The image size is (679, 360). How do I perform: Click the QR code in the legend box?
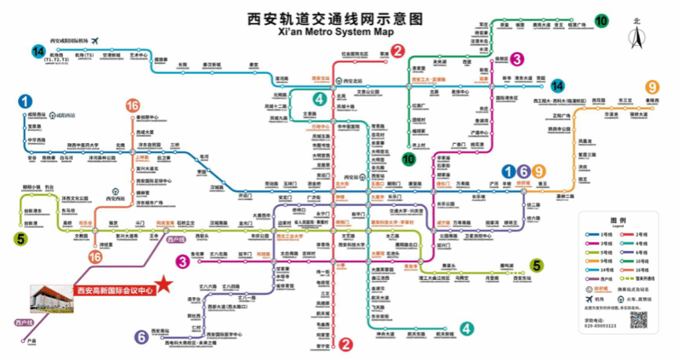tap(637, 321)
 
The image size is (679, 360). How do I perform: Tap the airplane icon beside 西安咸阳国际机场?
tap(96, 40)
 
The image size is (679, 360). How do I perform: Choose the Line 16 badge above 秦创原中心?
tap(133, 105)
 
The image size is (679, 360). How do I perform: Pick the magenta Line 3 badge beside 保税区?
tap(516, 59)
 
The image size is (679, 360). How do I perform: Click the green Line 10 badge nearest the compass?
tap(601, 22)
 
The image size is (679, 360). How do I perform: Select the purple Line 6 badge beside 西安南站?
tap(141, 336)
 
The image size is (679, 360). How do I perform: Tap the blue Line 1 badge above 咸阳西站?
tap(26, 101)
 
